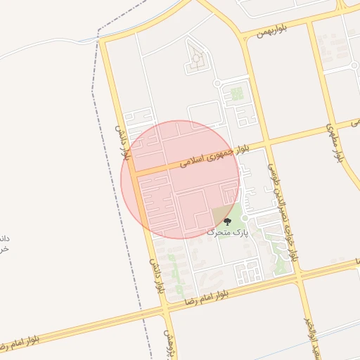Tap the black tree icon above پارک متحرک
226,221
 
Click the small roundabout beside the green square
217,84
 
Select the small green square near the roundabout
237,94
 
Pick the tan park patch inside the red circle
221,215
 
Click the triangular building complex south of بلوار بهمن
197,60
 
